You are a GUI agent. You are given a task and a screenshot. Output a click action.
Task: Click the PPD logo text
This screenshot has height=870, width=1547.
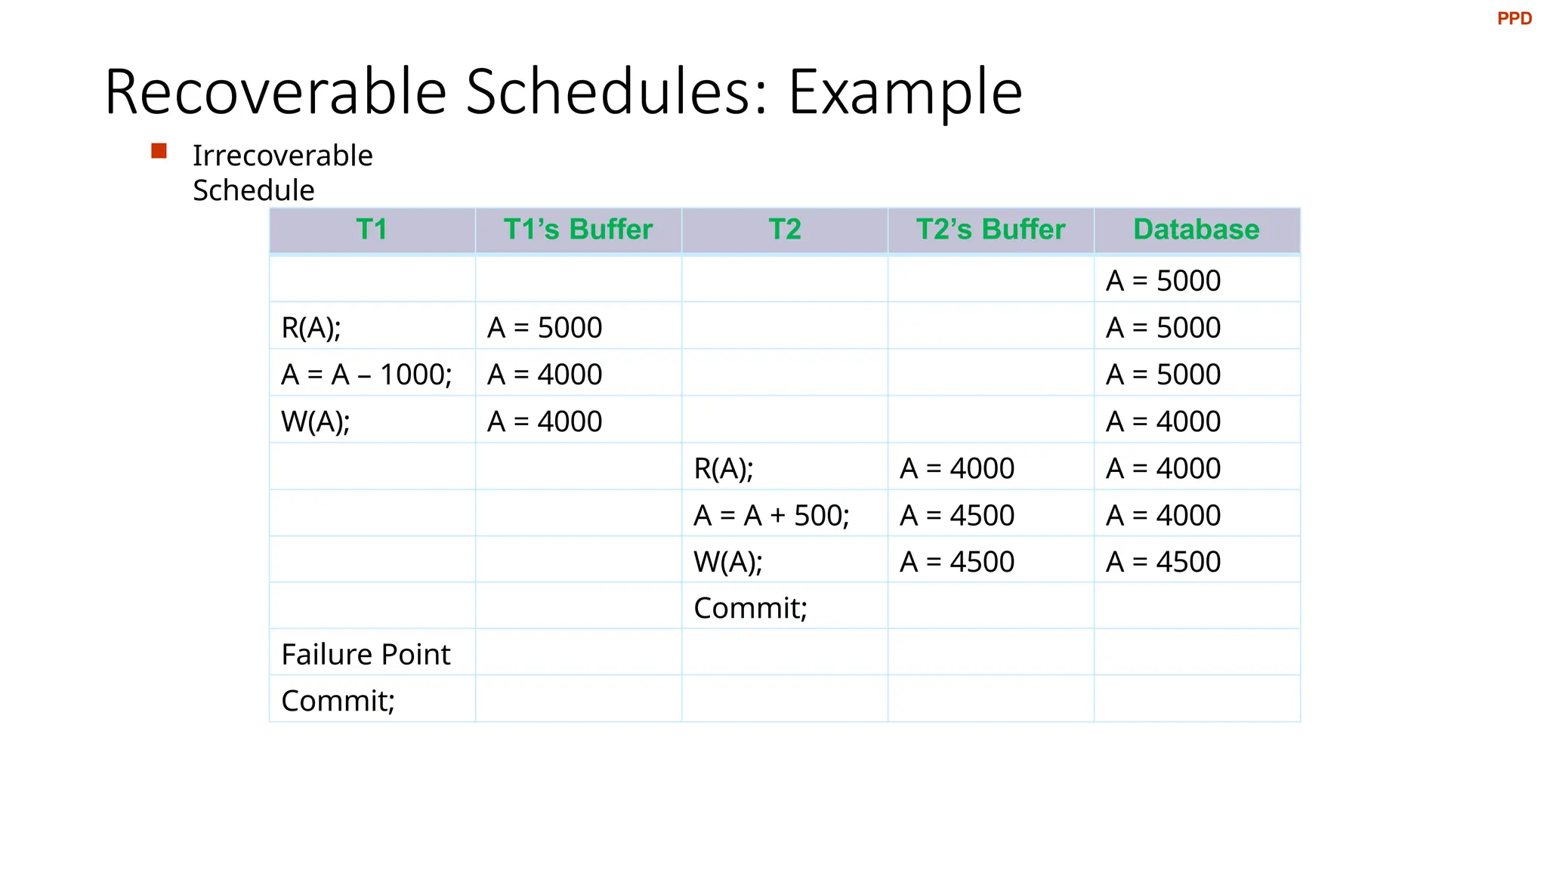[1514, 19]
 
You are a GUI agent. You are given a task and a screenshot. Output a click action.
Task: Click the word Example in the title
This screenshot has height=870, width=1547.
[905, 92]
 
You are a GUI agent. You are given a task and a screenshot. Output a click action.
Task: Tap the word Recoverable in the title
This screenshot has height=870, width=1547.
[276, 92]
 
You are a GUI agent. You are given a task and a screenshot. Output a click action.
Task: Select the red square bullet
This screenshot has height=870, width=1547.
[159, 151]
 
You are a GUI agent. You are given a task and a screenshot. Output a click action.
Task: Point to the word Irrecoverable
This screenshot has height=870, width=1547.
[283, 156]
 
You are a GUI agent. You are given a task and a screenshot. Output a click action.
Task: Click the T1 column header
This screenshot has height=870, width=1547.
[372, 230]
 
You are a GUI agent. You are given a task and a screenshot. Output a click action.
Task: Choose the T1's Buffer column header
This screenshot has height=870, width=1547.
[578, 230]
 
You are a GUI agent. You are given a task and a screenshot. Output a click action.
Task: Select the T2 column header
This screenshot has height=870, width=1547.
[784, 230]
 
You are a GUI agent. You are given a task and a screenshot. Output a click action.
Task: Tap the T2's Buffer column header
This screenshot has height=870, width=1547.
[990, 230]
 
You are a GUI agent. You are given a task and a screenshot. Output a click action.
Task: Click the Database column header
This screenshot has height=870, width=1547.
[1197, 230]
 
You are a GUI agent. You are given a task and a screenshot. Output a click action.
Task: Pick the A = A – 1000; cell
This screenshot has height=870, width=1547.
[366, 375]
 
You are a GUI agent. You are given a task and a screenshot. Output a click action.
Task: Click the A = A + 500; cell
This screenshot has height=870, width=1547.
[771, 515]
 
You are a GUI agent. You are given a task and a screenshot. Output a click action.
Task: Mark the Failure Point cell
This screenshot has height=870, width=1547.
[366, 654]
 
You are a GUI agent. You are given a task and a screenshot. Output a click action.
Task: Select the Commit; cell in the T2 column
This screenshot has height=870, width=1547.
[750, 608]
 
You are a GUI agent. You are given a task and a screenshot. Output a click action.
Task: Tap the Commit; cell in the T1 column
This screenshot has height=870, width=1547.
[338, 701]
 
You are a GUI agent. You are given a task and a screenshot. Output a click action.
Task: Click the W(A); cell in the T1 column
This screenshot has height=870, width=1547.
[316, 421]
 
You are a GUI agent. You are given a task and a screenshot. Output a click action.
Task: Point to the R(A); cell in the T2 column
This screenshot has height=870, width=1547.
[724, 469]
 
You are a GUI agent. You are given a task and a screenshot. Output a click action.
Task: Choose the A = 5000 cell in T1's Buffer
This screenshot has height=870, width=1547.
[545, 328]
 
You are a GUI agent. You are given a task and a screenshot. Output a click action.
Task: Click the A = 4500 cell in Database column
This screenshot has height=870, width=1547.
[1163, 562]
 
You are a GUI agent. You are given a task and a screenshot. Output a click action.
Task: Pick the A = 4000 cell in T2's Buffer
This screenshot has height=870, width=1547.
[957, 469]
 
